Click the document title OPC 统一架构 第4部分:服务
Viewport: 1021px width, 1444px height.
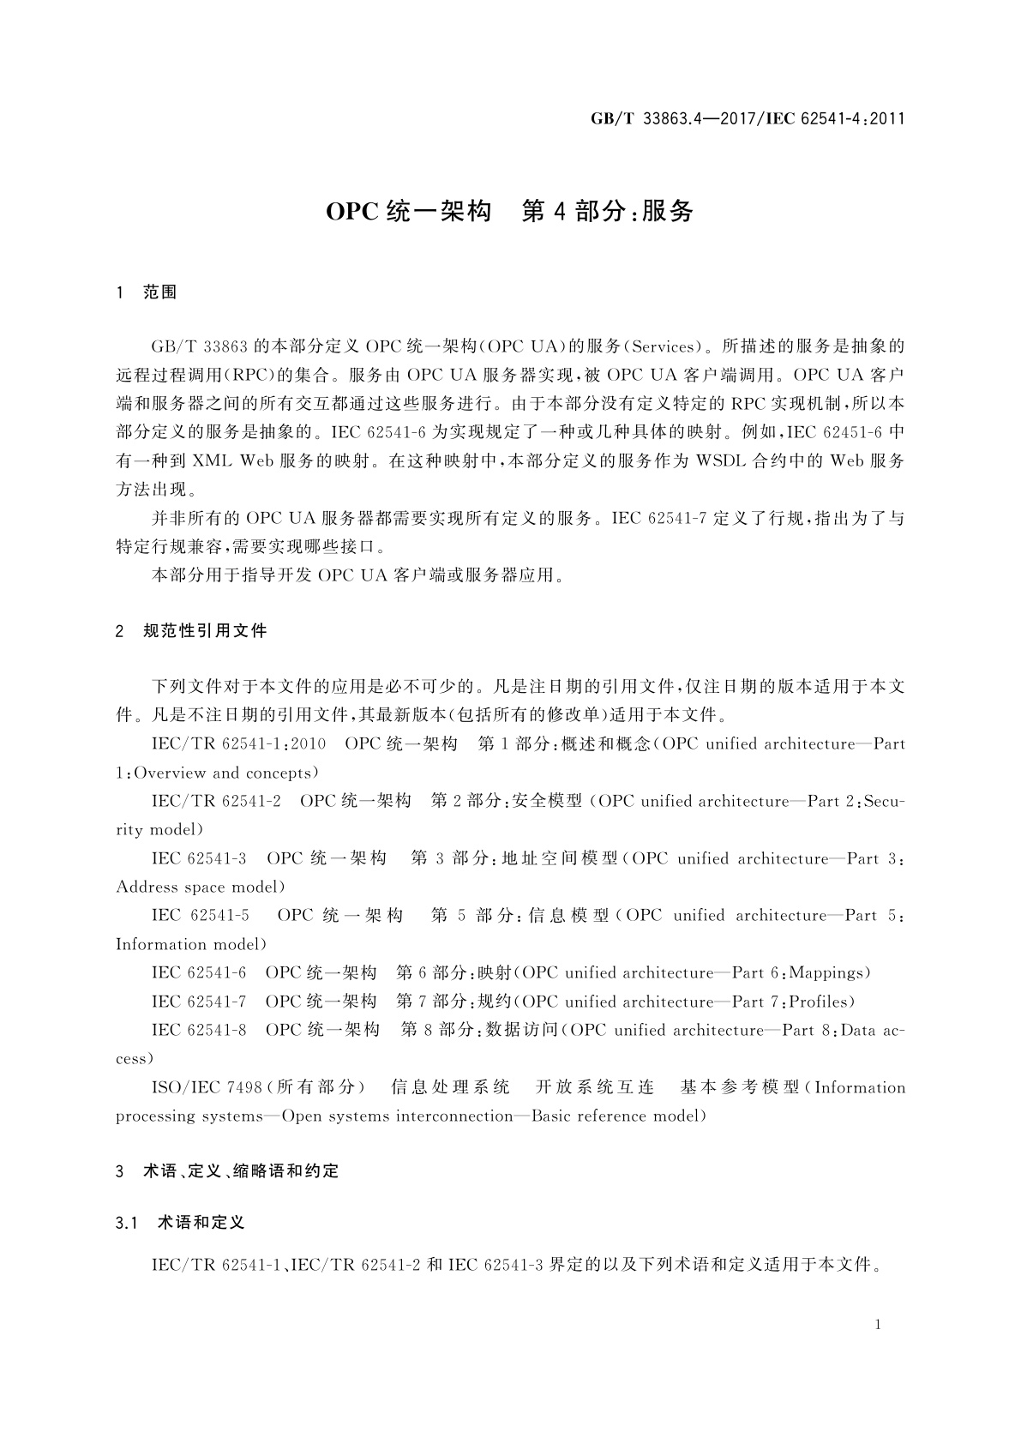click(x=509, y=211)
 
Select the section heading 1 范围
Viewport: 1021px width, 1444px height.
click(x=147, y=292)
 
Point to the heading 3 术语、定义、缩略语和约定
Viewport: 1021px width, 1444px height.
click(x=228, y=1171)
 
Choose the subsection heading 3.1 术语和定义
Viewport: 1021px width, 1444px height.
click(x=181, y=1223)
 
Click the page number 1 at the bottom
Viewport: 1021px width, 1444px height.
click(x=878, y=1325)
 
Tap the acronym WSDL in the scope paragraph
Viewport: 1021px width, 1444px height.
click(x=720, y=461)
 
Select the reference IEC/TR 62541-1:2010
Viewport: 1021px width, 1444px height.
click(x=238, y=744)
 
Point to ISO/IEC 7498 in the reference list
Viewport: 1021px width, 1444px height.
click(x=207, y=1088)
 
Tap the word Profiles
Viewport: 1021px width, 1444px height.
click(x=819, y=1002)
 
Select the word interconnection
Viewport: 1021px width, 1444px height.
click(x=455, y=1116)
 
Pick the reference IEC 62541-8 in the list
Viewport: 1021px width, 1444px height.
click(x=199, y=1031)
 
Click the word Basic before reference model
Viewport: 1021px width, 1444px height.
click(x=554, y=1116)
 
